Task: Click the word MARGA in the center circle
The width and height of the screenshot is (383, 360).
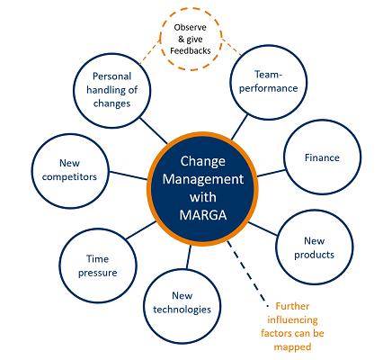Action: tap(203, 215)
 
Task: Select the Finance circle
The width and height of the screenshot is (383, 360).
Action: tap(323, 157)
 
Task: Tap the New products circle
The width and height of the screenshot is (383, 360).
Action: tap(315, 247)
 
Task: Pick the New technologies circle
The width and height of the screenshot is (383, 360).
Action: tap(182, 306)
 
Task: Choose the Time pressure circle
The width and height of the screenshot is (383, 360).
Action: tap(98, 265)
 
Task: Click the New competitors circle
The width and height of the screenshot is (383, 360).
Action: tap(70, 171)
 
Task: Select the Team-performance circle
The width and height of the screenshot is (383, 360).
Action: tap(269, 82)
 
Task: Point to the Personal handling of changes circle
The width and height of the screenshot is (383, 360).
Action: tap(112, 90)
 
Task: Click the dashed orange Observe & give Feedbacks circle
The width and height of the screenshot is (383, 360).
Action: tap(191, 39)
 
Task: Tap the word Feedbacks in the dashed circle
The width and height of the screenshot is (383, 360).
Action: tap(191, 50)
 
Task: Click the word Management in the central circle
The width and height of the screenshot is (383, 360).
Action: tap(203, 179)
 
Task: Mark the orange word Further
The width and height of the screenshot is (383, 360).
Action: tap(292, 306)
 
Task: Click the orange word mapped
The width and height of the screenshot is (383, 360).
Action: tap(292, 347)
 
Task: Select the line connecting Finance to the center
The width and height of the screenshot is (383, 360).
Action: tap(271, 173)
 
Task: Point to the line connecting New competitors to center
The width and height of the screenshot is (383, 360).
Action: tap(129, 175)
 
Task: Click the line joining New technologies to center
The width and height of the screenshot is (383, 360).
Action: tap(189, 256)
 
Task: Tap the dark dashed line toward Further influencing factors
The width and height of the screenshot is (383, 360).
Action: tap(246, 271)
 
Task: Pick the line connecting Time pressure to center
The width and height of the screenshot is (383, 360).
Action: tap(141, 230)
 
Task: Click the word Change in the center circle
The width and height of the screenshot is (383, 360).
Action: tap(202, 161)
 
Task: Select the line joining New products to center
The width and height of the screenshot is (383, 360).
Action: tap(263, 229)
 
